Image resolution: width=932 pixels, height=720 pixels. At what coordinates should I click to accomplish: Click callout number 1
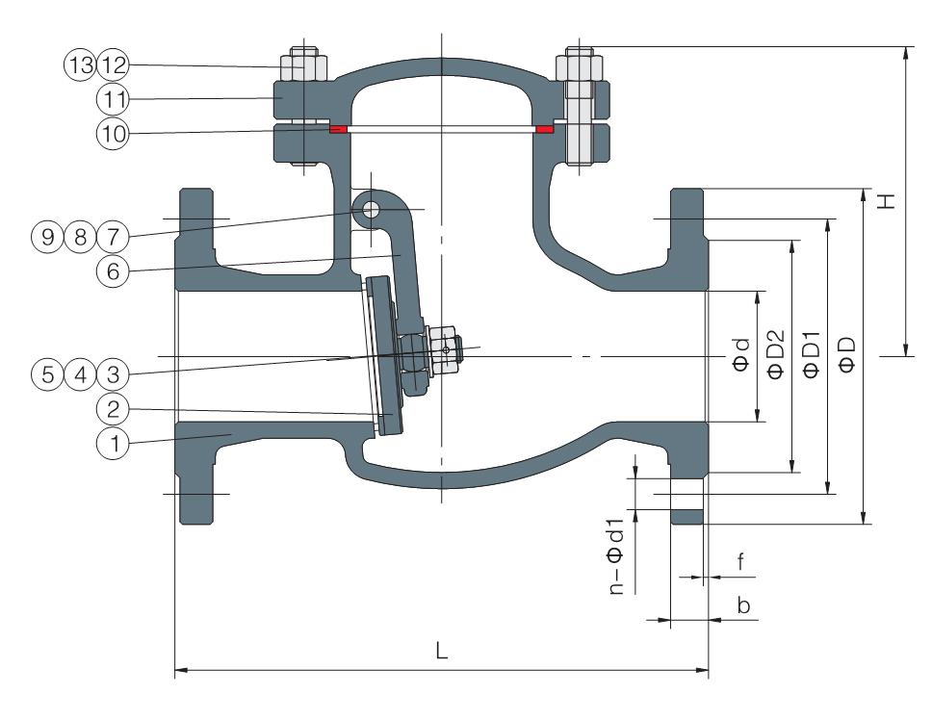pyautogui.click(x=113, y=443)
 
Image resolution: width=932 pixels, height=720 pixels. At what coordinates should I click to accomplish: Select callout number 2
pyautogui.click(x=113, y=409)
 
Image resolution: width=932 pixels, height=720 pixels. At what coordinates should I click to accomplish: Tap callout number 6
pyautogui.click(x=113, y=271)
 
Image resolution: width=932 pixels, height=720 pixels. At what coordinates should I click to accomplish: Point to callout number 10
pyautogui.click(x=113, y=134)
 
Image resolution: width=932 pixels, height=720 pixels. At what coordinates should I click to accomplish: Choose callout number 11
pyautogui.click(x=113, y=99)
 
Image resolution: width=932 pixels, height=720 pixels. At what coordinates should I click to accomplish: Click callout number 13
pyautogui.click(x=80, y=64)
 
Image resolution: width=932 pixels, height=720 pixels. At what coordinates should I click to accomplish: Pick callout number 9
pyautogui.click(x=47, y=237)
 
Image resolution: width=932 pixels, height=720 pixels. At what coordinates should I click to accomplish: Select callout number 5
pyautogui.click(x=47, y=374)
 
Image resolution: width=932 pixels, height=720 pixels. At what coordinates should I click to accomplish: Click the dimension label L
pyautogui.click(x=441, y=651)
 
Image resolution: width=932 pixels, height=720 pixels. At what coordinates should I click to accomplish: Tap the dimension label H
pyautogui.click(x=886, y=201)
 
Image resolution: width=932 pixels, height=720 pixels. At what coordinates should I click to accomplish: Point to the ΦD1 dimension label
pyautogui.click(x=812, y=354)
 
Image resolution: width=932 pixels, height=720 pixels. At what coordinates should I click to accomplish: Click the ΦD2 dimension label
pyautogui.click(x=776, y=354)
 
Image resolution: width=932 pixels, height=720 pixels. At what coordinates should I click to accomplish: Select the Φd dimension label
pyautogui.click(x=741, y=355)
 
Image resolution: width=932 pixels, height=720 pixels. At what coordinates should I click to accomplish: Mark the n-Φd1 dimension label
pyautogui.click(x=616, y=556)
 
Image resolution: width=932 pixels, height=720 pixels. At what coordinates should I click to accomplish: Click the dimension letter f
pyautogui.click(x=740, y=561)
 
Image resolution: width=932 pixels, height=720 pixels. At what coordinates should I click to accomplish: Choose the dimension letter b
pyautogui.click(x=743, y=605)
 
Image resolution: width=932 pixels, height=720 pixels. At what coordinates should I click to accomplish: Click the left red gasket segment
pyautogui.click(x=338, y=129)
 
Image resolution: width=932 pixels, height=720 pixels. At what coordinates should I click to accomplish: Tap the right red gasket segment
pyautogui.click(x=544, y=129)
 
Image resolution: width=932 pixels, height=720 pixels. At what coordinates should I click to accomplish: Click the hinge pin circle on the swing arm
pyautogui.click(x=371, y=210)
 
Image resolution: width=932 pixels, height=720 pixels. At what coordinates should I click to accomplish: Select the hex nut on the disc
pyautogui.click(x=444, y=350)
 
